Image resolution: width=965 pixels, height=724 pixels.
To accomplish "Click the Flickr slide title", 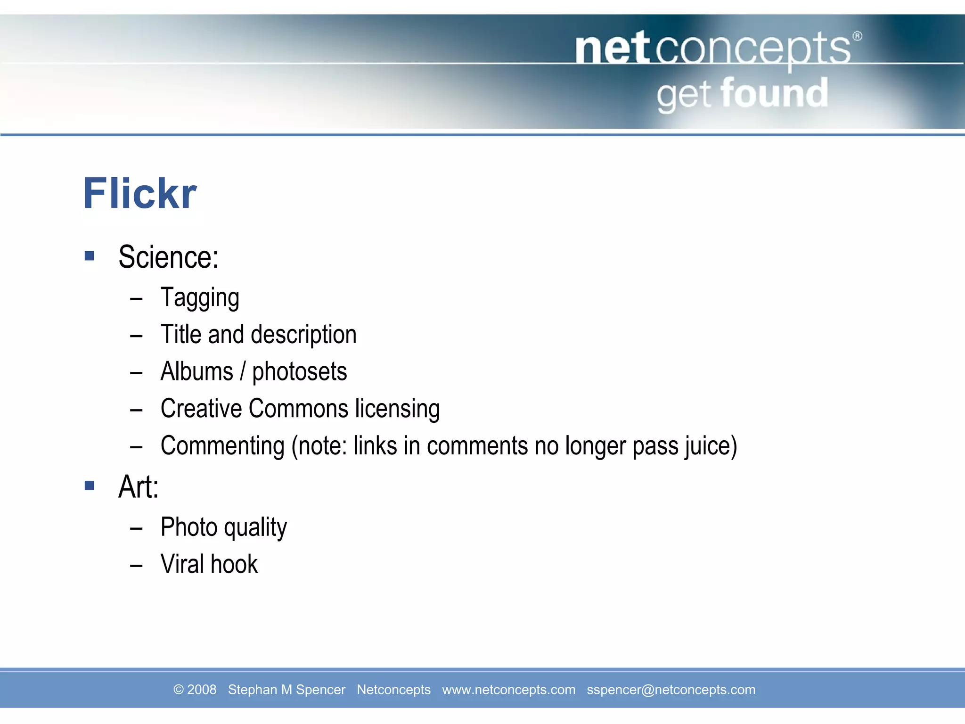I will coord(140,194).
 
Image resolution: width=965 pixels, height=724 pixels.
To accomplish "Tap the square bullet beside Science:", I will coord(90,256).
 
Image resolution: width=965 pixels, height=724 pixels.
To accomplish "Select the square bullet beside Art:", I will coord(90,485).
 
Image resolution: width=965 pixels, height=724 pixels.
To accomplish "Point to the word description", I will coord(303,335).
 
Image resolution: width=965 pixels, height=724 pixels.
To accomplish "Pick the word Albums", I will coord(196,371).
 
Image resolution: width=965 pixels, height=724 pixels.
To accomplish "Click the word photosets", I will coord(299,372).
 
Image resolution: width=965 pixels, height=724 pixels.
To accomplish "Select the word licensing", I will coord(397,409).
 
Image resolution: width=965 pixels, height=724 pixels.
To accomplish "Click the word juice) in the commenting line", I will coord(711,446).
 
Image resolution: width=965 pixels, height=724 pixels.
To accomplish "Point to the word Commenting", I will coord(222,446).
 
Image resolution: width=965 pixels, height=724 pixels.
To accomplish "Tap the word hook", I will coord(234,564).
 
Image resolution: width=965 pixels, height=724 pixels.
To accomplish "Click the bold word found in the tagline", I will coord(774,93).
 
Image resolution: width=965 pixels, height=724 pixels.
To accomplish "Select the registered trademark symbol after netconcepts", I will coord(857,36).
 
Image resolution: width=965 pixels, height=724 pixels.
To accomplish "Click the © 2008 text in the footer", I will coord(195,690).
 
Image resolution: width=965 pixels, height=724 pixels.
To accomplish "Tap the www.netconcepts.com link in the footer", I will coord(508,690).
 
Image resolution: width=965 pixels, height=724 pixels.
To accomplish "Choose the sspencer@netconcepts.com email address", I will coord(671,690).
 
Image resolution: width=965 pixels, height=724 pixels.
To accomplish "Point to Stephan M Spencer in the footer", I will coord(286,690).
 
